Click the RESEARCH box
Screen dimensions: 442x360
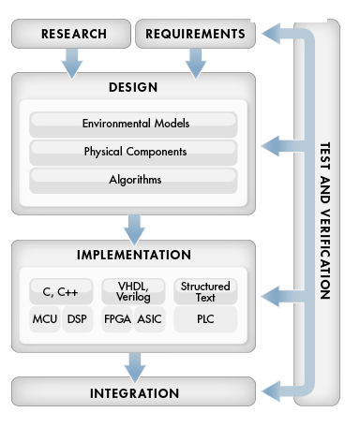coord(73,35)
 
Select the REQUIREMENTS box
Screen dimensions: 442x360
coord(196,35)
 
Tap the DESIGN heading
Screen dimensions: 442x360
coord(133,88)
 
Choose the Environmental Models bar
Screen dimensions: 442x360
coord(133,124)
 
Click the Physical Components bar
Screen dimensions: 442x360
coord(133,151)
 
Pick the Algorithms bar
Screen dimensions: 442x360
coord(133,178)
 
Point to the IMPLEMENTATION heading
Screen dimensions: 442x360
coord(133,255)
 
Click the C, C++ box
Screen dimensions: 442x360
coord(53,291)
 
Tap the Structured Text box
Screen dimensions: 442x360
coord(205,290)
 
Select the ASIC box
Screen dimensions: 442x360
coord(150,319)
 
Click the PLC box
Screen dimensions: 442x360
coord(205,319)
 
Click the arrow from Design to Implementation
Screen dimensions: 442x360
coord(133,226)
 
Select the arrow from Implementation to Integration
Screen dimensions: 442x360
coord(133,364)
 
